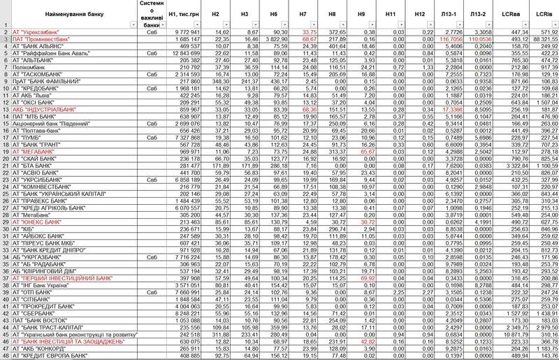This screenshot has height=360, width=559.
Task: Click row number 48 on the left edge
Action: tap(4, 355)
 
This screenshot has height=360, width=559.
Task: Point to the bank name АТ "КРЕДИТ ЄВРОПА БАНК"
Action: tap(50, 355)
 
